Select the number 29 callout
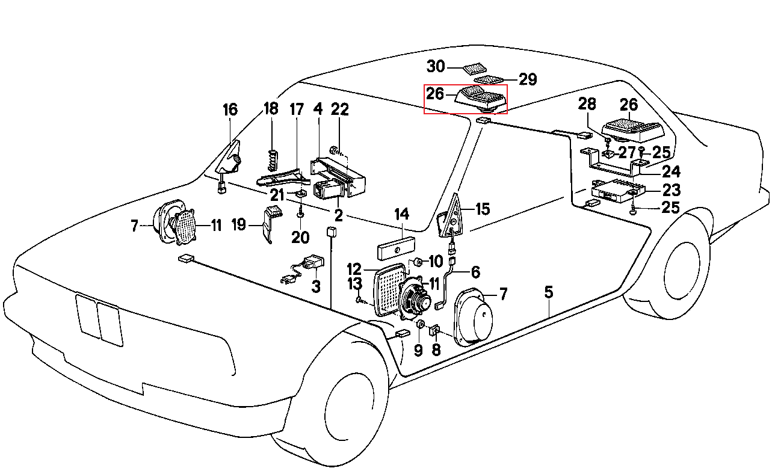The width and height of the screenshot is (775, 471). click(x=527, y=79)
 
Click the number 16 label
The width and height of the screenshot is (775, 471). click(x=230, y=109)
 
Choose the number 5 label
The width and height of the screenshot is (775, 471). click(x=549, y=293)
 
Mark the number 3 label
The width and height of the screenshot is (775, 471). click(x=316, y=286)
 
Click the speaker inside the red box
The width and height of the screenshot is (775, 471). click(x=480, y=99)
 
